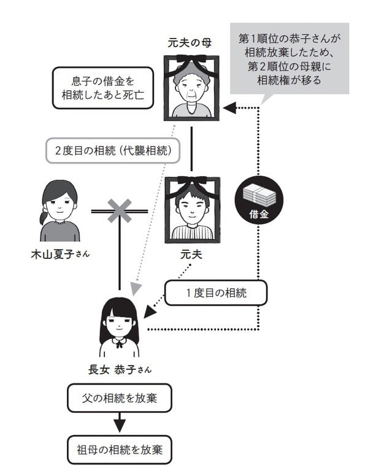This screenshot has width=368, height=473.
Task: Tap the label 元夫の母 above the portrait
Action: coord(192,43)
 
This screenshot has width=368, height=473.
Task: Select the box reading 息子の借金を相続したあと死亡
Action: coord(102,87)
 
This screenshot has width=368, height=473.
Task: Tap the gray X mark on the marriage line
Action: coord(120,211)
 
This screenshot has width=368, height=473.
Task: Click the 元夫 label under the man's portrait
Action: coord(193,253)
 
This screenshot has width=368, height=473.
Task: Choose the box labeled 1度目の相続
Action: coord(216,293)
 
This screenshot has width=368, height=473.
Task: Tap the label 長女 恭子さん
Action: coord(120,369)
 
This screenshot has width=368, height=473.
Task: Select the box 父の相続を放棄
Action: coord(120,399)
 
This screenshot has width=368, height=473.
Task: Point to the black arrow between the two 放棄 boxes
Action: coord(120,424)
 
